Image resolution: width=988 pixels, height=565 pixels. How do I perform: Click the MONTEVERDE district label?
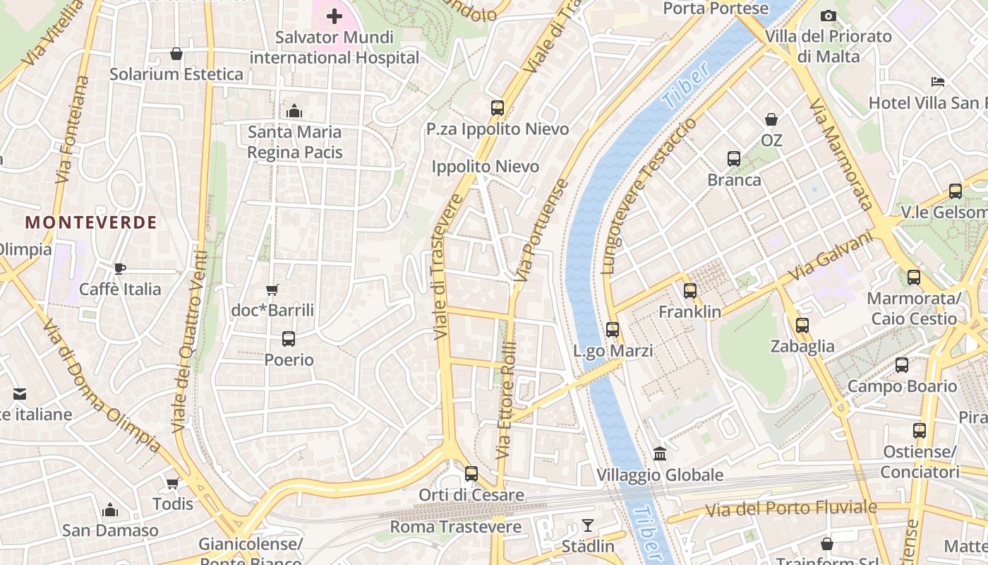click(x=91, y=222)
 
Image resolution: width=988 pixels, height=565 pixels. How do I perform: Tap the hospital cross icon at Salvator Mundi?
click(x=335, y=16)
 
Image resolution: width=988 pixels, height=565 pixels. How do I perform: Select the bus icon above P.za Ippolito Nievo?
click(x=498, y=108)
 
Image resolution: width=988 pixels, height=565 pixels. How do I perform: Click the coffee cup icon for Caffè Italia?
click(x=120, y=268)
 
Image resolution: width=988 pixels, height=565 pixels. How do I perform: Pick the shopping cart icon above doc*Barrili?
click(x=272, y=290)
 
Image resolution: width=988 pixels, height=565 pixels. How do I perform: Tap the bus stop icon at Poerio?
click(x=289, y=339)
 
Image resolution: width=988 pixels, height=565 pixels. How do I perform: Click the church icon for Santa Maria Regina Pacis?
click(x=294, y=111)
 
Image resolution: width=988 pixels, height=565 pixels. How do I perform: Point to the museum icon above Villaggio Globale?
click(x=660, y=453)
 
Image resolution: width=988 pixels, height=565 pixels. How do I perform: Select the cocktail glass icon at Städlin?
click(x=587, y=525)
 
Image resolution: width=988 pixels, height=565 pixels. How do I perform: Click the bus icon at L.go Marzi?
click(x=613, y=330)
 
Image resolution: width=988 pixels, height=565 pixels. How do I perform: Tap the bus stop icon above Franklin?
click(x=690, y=291)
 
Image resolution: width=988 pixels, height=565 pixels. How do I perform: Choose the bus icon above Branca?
click(x=734, y=159)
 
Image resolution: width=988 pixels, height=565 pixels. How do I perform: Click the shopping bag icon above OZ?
click(x=771, y=119)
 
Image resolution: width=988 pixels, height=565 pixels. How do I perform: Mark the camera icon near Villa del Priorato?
click(x=829, y=16)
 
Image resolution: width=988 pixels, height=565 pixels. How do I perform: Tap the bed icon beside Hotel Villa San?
click(x=938, y=82)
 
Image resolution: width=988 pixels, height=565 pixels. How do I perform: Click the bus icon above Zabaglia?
click(x=802, y=326)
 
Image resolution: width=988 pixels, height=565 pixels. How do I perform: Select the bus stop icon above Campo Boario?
click(x=902, y=365)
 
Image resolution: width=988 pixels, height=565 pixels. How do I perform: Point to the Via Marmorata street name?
click(x=842, y=154)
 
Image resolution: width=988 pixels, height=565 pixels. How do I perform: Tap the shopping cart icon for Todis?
click(x=172, y=483)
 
